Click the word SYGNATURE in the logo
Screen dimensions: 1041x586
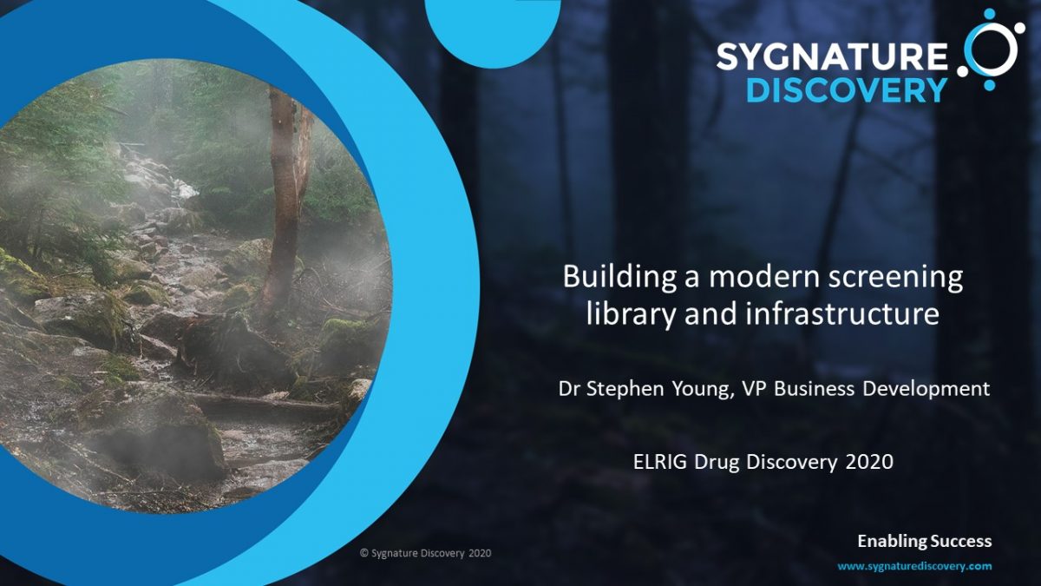click(832, 56)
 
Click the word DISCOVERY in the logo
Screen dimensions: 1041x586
click(847, 89)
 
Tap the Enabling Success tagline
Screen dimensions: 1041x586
click(925, 542)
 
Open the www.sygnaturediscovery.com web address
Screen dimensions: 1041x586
click(914, 566)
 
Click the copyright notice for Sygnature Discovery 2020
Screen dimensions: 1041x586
click(425, 554)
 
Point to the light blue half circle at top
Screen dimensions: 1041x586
click(493, 28)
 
